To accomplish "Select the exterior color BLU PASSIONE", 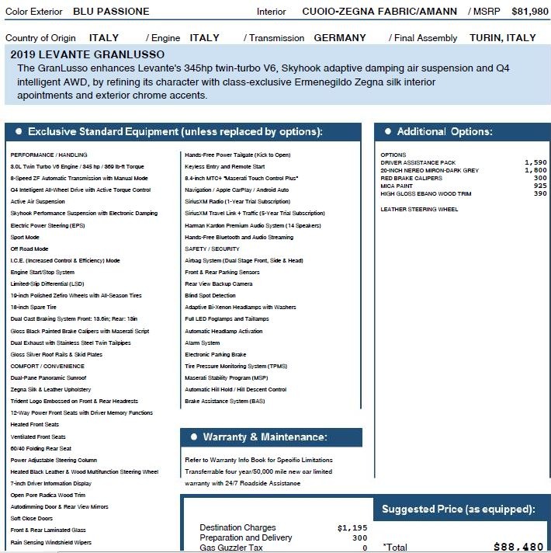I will [x=111, y=12].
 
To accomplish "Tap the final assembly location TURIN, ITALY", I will [x=502, y=37].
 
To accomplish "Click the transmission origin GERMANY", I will [x=340, y=37].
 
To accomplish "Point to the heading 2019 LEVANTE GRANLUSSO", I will [x=88, y=54].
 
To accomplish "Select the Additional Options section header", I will [x=444, y=131].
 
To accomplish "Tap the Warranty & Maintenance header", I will [x=265, y=437].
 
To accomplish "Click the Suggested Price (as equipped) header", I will [x=458, y=510].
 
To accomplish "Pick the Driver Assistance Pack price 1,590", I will [x=535, y=162].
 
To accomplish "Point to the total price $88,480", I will [x=518, y=547].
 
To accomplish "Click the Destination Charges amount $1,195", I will [x=352, y=528].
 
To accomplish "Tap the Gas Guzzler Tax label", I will [x=232, y=548].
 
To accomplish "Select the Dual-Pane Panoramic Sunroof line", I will [x=48, y=377].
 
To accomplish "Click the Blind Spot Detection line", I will [x=210, y=295].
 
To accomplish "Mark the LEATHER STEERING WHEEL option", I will [x=419, y=209].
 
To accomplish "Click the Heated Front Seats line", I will [x=35, y=425].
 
